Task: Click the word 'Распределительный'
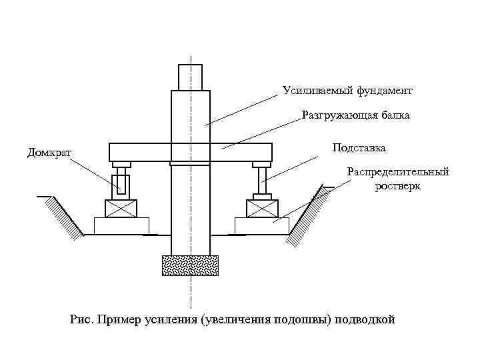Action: [397, 172]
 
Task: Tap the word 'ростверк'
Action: [397, 186]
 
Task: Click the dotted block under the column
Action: [190, 265]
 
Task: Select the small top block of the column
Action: [190, 77]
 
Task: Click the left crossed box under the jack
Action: [121, 208]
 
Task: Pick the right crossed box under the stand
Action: [262, 208]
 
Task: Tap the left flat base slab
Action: [121, 226]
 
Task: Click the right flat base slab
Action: [262, 226]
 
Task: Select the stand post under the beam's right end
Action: [262, 180]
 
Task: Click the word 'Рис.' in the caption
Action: [81, 319]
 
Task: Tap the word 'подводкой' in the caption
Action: [364, 319]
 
